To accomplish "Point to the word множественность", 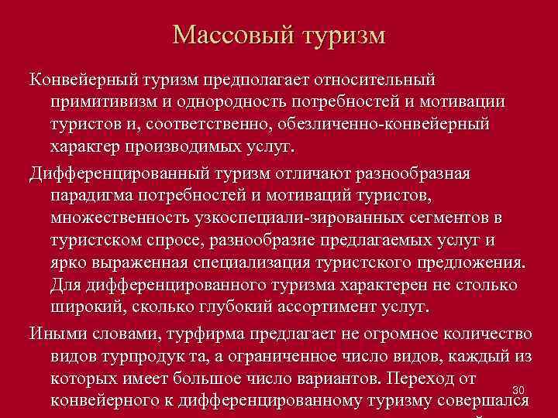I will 116,216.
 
